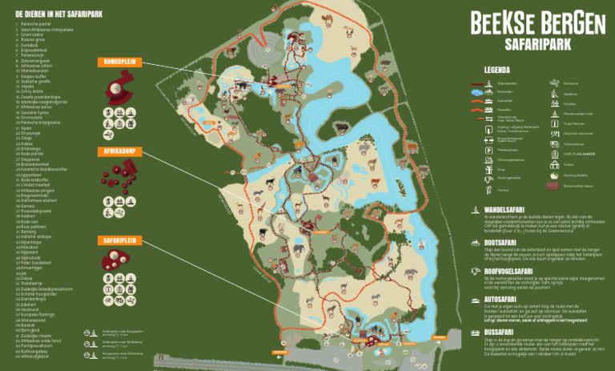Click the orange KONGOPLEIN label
point(118,62)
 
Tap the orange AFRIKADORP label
point(119,151)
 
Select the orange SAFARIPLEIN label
point(119,240)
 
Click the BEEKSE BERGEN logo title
point(537,24)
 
